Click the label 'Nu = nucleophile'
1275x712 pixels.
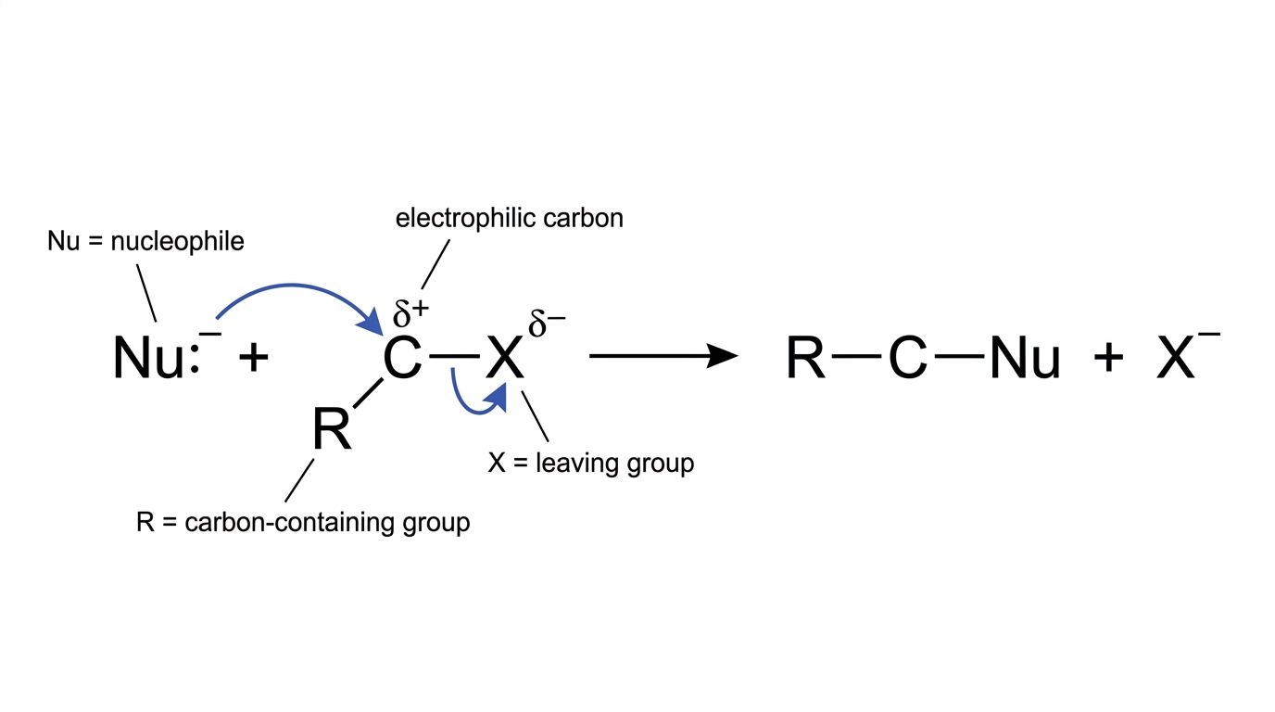point(145,242)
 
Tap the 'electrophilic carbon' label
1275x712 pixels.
point(510,218)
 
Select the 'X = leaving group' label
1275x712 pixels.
point(591,464)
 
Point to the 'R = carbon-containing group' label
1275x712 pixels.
point(303,523)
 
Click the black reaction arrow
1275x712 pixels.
point(663,356)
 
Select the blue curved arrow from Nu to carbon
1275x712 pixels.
point(292,286)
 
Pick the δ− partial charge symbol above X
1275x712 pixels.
point(547,324)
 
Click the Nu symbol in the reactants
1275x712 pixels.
point(148,358)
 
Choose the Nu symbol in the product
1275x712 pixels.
point(1025,358)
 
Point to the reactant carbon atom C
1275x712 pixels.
point(402,358)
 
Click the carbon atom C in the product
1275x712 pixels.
point(907,358)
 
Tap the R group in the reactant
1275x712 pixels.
point(332,429)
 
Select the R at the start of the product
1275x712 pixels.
point(805,358)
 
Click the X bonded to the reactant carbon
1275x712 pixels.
point(504,358)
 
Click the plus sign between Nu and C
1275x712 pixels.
point(253,358)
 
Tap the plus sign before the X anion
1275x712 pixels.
point(1108,358)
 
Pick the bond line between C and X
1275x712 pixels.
point(454,357)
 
